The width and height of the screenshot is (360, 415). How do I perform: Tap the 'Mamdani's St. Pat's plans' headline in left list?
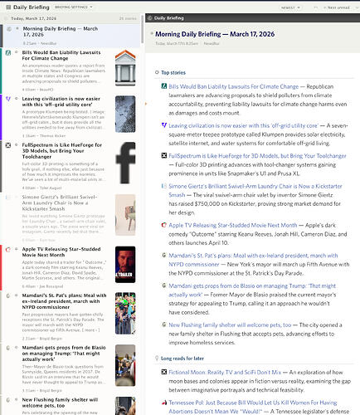pyautogui.click(x=58, y=296)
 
